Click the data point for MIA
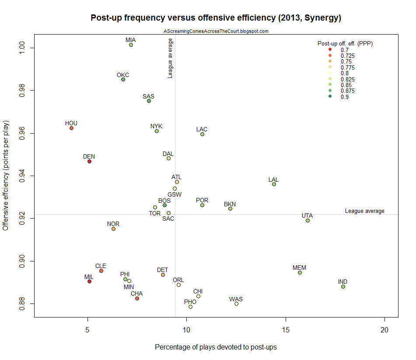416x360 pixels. [131, 45]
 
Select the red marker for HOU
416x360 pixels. [71, 128]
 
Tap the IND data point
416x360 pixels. [343, 286]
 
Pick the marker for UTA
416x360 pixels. [308, 220]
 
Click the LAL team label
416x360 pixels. [273, 180]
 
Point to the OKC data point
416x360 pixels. [123, 79]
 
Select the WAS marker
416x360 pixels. [236, 304]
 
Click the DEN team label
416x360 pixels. [89, 156]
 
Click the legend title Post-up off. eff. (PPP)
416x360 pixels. [345, 44]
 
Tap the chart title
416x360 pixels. [216, 18]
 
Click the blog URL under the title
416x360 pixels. [216, 31]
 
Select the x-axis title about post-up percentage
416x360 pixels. [216, 347]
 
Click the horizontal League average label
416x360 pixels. [364, 211]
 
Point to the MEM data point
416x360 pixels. [300, 272]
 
